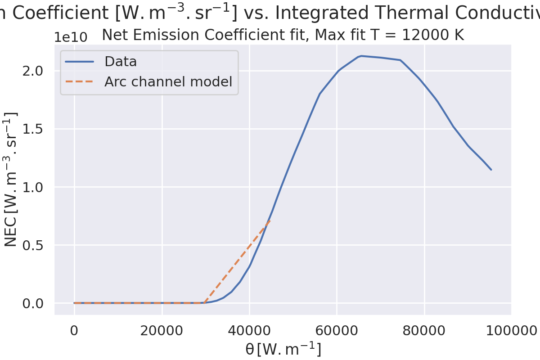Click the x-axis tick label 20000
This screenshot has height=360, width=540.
(162, 332)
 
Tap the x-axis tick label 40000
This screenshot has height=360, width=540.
(249, 332)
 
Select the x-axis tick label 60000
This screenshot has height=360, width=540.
(337, 332)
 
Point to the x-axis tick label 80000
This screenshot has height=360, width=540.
(424, 332)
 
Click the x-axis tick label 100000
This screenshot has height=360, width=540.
(511, 332)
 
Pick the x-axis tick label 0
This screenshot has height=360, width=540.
(74, 332)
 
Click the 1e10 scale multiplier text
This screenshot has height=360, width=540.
(71, 37)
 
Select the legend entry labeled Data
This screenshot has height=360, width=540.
(121, 62)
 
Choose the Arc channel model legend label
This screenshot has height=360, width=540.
(168, 82)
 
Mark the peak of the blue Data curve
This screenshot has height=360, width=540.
(361, 56)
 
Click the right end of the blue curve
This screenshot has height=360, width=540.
(491, 170)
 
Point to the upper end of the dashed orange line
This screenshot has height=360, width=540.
(270, 221)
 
